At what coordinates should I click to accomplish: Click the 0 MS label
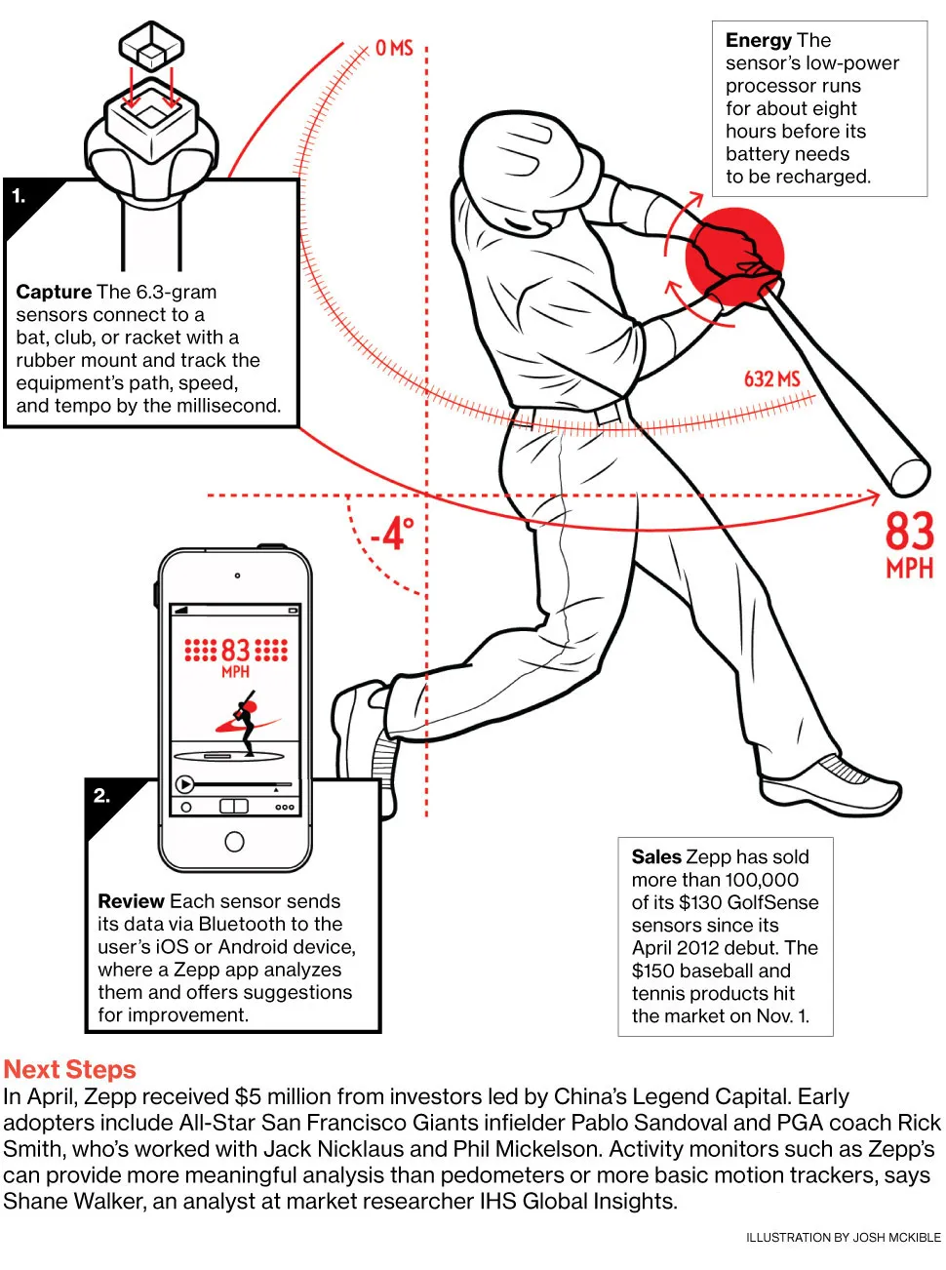394,48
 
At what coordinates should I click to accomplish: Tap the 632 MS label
771,378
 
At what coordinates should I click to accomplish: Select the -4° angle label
392,534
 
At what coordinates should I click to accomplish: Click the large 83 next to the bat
909,532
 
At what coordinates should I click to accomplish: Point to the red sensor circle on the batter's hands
733,257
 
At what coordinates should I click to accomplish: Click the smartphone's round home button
234,841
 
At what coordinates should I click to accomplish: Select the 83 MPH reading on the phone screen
236,651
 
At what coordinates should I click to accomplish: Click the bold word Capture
54,292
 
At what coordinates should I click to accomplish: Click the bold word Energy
759,40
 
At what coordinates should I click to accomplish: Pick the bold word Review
131,901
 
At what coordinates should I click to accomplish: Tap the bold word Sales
656,856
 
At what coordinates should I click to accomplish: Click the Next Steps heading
70,1069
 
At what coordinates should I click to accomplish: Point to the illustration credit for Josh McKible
843,1237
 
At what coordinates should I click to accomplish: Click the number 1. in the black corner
19,196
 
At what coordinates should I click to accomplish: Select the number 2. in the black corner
101,796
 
